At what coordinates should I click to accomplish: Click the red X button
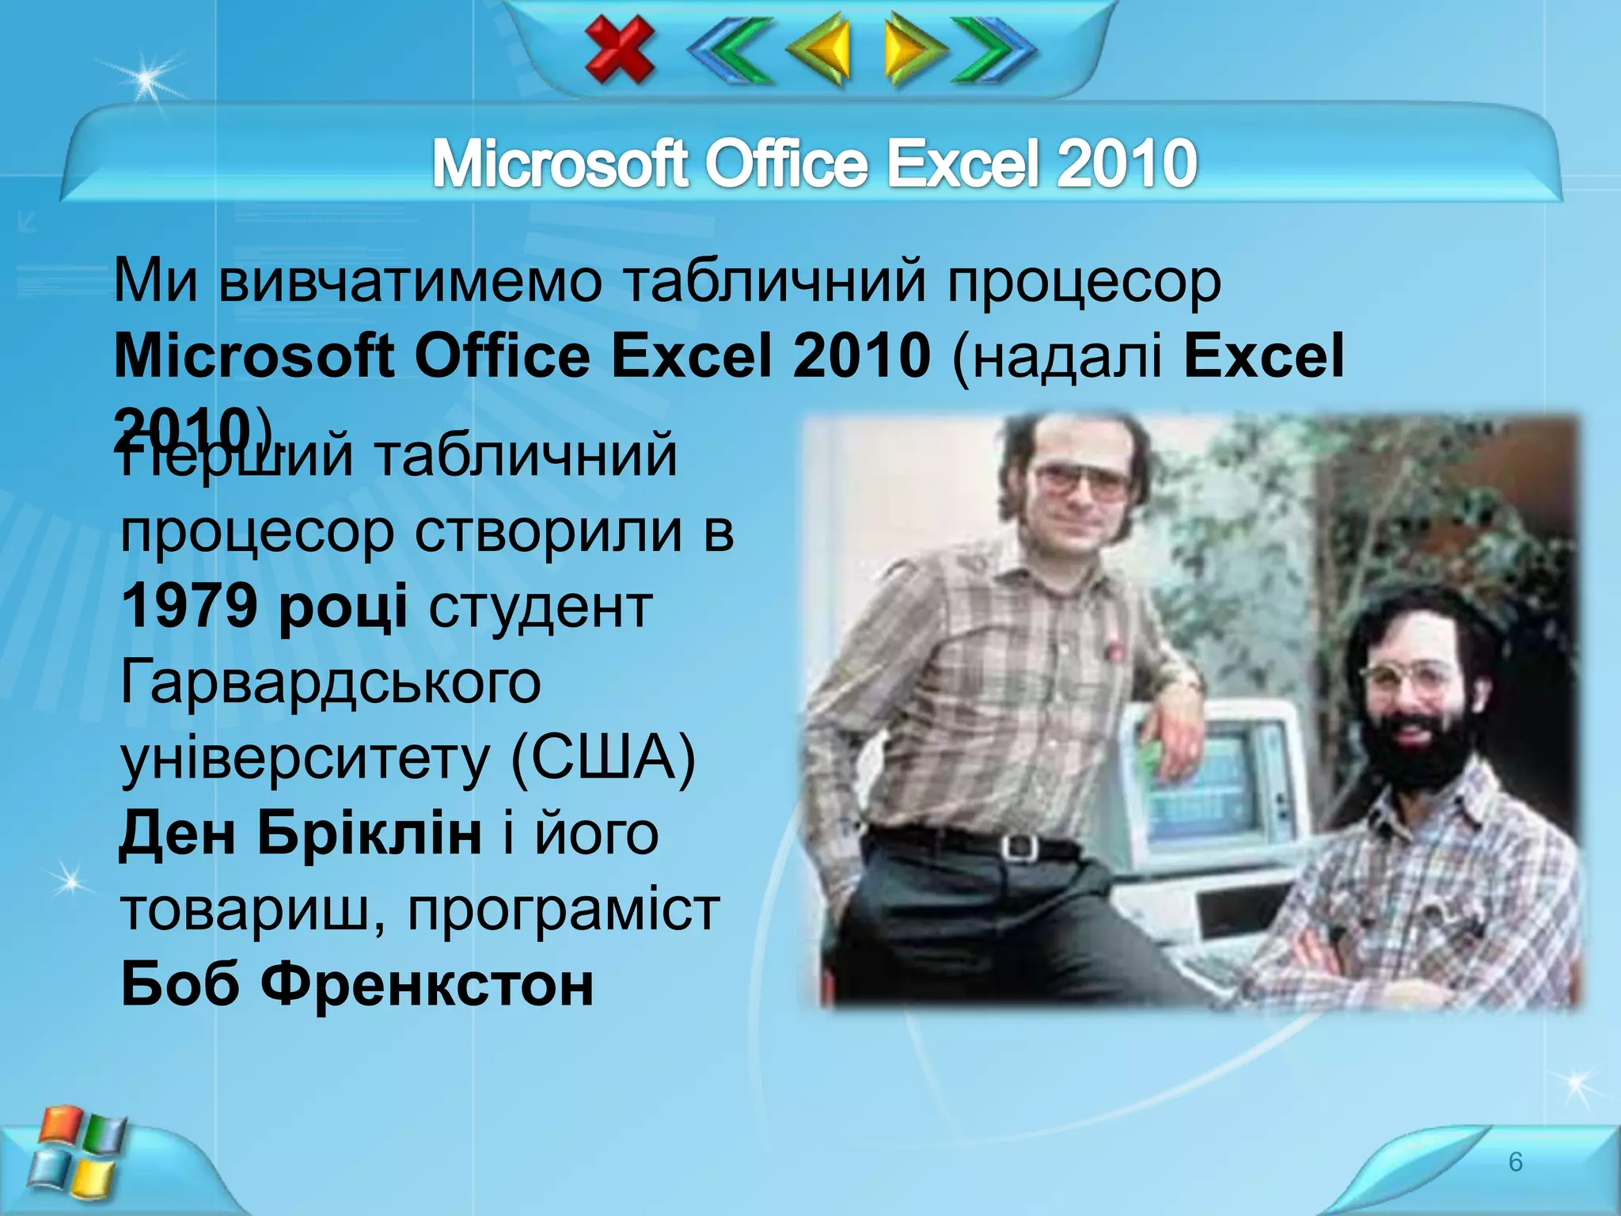tap(620, 50)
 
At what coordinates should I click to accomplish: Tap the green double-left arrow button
tap(730, 50)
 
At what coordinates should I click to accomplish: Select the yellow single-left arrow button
tap(820, 50)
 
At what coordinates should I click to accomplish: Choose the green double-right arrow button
tap(994, 50)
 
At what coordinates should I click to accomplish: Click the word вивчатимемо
tap(410, 281)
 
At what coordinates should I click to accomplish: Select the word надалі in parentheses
tap(1068, 356)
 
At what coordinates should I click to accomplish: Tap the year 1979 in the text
tap(190, 606)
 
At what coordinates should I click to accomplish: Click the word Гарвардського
tap(331, 682)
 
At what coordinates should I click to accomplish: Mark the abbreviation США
tap(603, 758)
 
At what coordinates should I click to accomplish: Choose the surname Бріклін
tap(369, 834)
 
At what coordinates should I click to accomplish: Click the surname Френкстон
tap(427, 985)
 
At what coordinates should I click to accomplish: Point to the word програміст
tap(564, 909)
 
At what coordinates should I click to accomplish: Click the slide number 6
tap(1515, 1161)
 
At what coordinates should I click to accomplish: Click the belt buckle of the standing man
tap(1019, 847)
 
